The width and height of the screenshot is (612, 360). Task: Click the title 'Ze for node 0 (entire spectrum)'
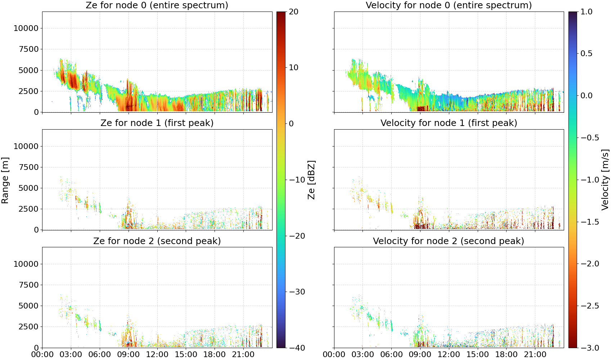(157, 5)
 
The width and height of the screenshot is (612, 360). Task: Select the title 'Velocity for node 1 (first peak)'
(449, 123)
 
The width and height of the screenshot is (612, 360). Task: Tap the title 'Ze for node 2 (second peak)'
(157, 241)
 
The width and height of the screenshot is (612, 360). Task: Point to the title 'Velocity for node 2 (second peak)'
(449, 241)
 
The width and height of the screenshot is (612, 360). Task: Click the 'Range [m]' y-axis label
(5, 180)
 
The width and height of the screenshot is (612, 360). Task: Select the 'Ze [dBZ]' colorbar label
(311, 180)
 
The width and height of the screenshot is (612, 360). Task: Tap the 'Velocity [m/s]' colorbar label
(606, 180)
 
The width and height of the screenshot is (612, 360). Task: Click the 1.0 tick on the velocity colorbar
(586, 12)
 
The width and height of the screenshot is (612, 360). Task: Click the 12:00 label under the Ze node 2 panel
(157, 355)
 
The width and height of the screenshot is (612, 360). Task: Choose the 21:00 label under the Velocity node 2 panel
(535, 355)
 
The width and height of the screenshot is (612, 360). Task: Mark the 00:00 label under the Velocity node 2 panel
(334, 355)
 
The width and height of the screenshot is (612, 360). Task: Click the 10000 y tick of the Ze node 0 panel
(26, 28)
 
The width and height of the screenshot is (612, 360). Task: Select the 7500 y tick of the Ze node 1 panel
(28, 167)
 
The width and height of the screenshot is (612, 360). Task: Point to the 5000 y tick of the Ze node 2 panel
(28, 306)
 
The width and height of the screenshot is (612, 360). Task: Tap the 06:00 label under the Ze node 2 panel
(100, 355)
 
